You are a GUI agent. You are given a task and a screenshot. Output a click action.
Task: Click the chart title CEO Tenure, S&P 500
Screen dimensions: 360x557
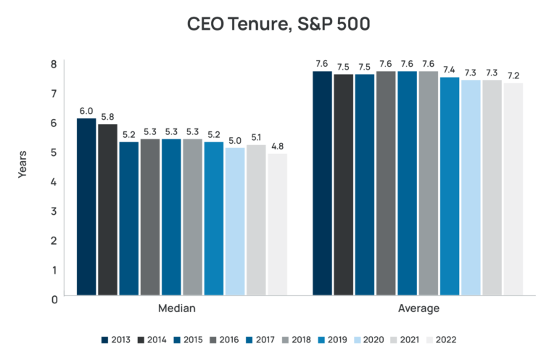[278, 24]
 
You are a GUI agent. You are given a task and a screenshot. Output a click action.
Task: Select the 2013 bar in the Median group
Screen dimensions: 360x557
[86, 207]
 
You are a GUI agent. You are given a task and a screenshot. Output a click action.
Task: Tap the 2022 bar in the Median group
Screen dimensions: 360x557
[277, 224]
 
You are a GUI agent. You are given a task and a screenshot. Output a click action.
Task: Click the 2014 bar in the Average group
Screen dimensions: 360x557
[344, 184]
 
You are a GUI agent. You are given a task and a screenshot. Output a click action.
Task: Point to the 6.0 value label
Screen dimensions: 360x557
[86, 111]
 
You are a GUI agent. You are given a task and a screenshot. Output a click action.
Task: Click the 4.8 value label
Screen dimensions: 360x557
[277, 146]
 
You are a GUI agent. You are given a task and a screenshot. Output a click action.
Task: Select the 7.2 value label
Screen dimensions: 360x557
[513, 75]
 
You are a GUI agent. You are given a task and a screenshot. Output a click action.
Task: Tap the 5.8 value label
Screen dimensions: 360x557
[107, 117]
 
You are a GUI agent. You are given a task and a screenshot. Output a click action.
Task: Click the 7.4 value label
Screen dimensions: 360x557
[450, 70]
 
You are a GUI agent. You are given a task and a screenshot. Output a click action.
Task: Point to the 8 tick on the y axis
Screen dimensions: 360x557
[53, 64]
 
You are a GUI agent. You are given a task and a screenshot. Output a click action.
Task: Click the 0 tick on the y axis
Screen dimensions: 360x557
[53, 298]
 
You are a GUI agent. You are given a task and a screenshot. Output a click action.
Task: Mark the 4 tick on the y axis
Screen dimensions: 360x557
[53, 181]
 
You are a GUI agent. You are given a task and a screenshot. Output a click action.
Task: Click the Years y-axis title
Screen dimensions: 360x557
[22, 164]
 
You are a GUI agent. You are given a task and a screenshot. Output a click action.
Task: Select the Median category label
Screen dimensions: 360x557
[177, 309]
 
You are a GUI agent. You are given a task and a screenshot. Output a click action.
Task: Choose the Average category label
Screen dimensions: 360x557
[418, 309]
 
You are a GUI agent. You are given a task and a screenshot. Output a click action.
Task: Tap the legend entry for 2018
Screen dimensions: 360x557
[294, 339]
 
